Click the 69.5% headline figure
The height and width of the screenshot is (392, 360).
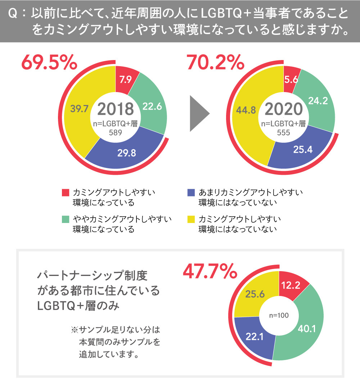coord(49,63)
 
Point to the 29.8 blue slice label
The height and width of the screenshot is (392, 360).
coord(126,153)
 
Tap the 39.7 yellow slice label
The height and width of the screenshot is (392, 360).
coord(79,109)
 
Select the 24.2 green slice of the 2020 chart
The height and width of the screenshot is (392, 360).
coord(318,101)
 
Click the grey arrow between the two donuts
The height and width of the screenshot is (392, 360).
coord(199,114)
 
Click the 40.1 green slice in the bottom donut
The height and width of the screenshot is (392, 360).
coord(307,328)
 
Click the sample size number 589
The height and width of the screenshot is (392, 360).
coord(116,132)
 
